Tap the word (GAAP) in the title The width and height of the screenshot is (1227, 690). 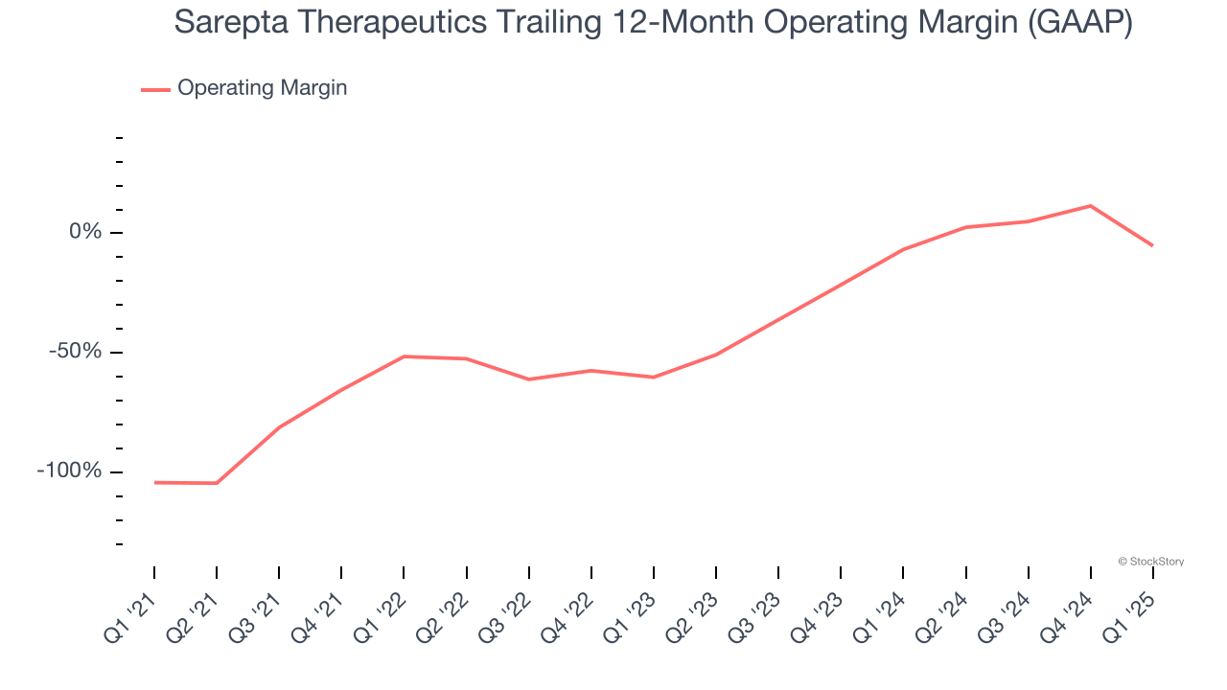click(1078, 21)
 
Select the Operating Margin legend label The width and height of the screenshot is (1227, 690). click(262, 88)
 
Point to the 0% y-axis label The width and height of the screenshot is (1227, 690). click(83, 232)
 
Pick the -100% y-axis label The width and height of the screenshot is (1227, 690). click(68, 471)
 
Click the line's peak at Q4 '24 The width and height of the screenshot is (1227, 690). click(1090, 206)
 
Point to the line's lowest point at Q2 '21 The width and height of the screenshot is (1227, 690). click(217, 483)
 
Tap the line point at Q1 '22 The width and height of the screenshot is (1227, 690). click(404, 356)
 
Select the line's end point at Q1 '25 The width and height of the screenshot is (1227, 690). click(1152, 245)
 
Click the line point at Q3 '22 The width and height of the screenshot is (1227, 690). click(528, 379)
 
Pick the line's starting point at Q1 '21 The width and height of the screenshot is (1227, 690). click(154, 482)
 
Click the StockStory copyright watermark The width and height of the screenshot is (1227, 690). click(1150, 562)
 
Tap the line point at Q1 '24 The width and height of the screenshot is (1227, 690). click(903, 249)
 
